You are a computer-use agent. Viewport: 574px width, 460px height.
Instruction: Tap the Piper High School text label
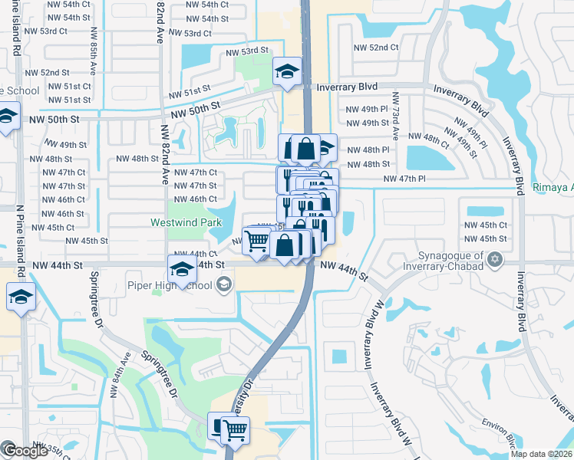click(170, 286)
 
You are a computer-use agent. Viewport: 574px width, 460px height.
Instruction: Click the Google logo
click(25, 451)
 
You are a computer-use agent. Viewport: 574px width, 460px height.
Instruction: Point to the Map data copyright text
click(542, 454)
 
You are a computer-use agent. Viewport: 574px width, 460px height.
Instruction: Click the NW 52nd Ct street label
click(375, 48)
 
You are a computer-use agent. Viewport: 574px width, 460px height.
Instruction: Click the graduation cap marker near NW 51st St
click(288, 72)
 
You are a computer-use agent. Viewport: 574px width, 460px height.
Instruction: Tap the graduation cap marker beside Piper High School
click(182, 269)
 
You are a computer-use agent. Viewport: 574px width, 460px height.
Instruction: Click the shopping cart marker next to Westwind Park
click(257, 241)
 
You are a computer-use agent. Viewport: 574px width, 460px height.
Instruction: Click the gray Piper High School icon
click(223, 286)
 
